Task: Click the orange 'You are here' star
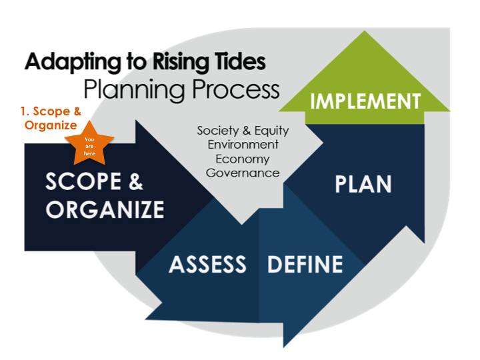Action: click(89, 145)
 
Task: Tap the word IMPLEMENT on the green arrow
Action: click(365, 101)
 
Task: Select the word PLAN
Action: click(363, 184)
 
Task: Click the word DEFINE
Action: click(305, 264)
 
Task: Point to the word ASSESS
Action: click(207, 264)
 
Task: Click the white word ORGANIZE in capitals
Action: click(105, 210)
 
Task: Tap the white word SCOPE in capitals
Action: click(83, 181)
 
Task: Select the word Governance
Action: click(243, 173)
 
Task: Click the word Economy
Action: click(243, 159)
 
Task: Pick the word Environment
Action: click(243, 145)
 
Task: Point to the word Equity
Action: click(272, 131)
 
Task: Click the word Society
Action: click(218, 131)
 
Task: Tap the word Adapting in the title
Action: click(73, 63)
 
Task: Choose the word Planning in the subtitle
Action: click(134, 90)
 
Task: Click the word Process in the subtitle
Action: click(236, 89)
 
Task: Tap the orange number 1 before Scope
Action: click(23, 111)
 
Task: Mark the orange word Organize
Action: click(51, 125)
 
